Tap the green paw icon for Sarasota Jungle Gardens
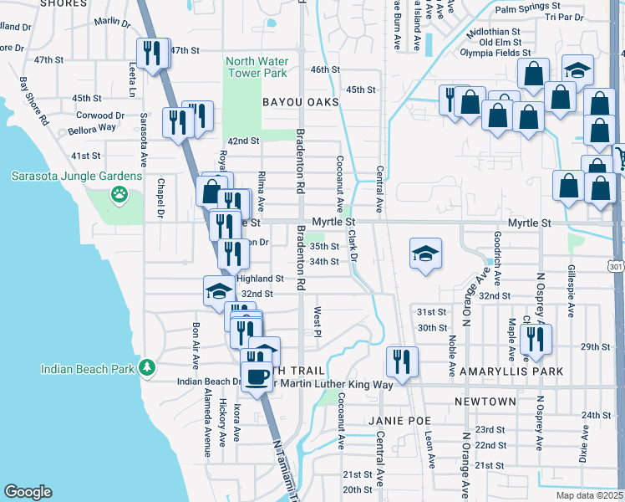[x=119, y=194]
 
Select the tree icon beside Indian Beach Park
[x=147, y=367]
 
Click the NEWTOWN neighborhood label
[x=485, y=402]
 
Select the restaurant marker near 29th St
[x=533, y=339]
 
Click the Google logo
[x=28, y=492]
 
